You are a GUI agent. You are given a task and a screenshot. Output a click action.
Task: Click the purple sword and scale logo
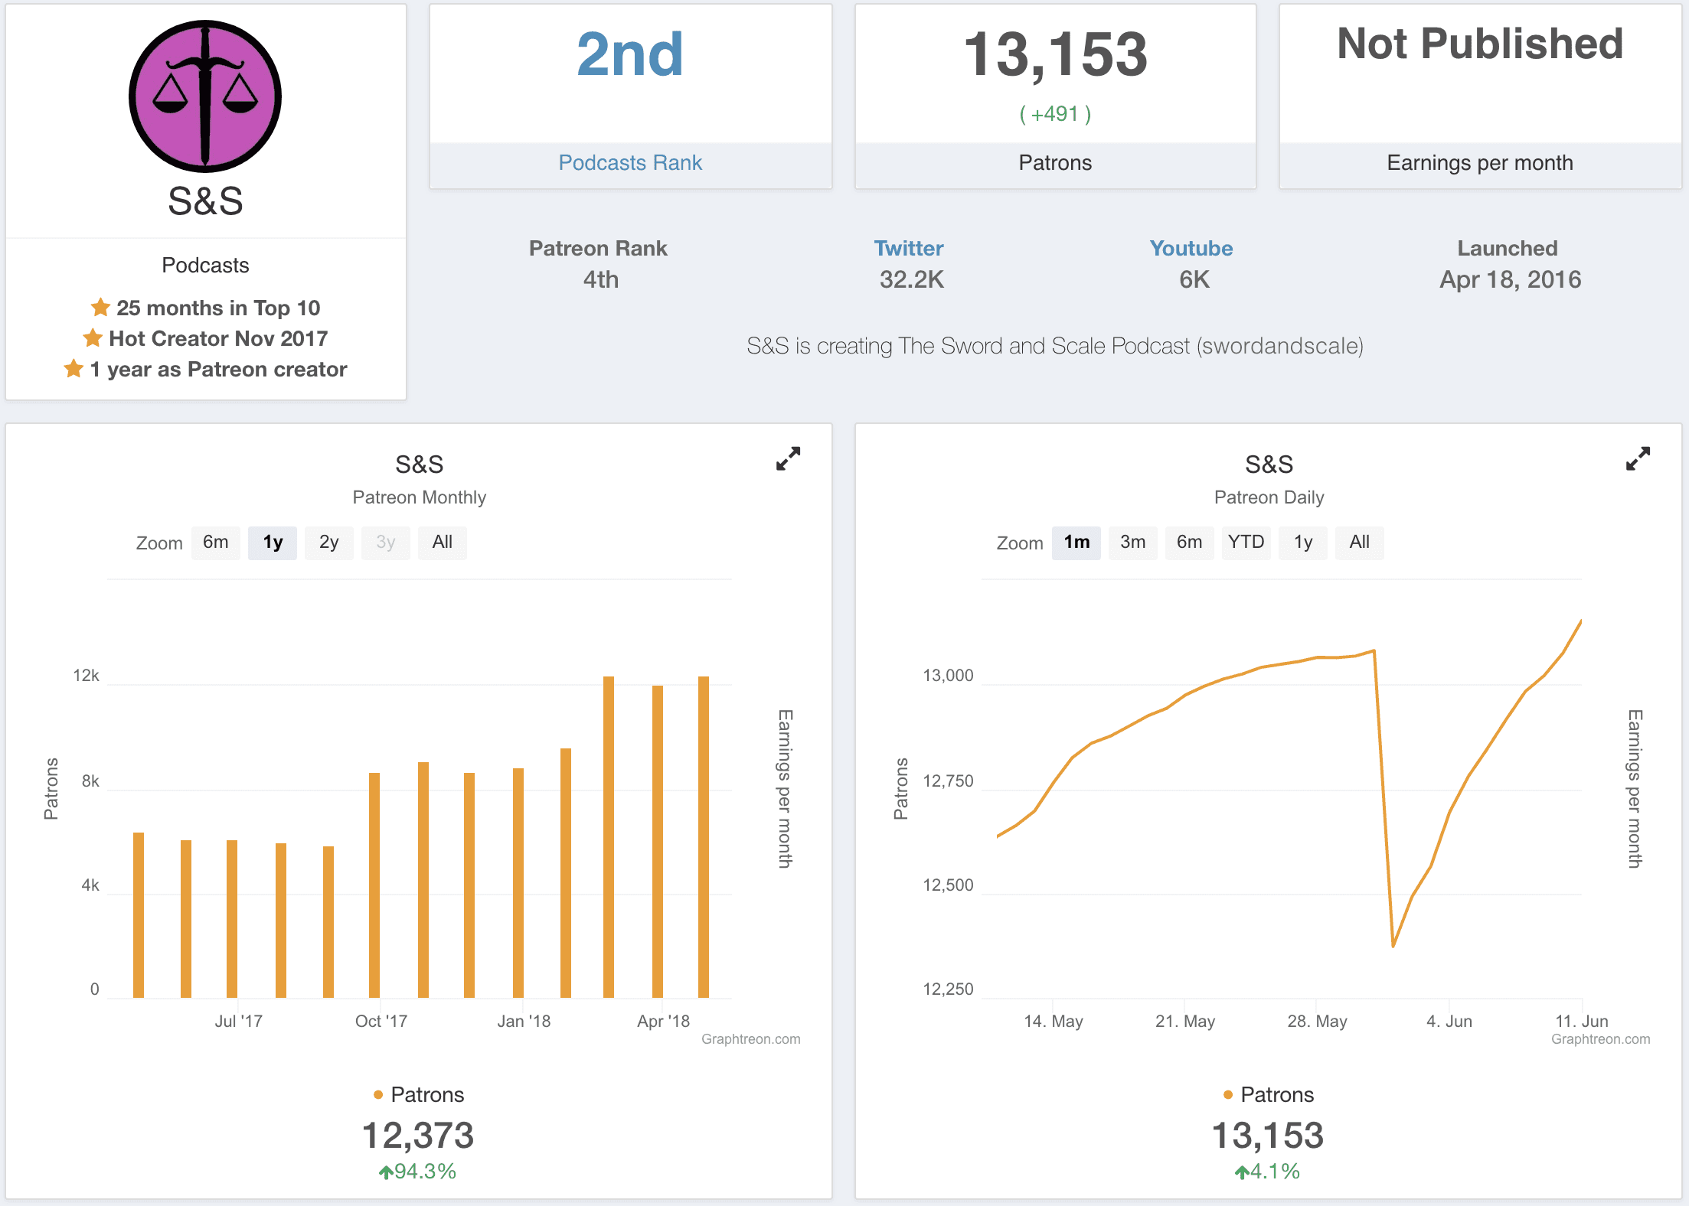(x=205, y=96)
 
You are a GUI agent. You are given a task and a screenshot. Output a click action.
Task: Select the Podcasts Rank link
(x=630, y=163)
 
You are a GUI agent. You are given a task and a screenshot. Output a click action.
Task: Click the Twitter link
(x=909, y=249)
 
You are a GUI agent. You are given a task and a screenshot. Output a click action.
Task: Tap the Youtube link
(x=1191, y=249)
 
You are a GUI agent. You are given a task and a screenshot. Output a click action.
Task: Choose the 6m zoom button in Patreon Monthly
(x=216, y=543)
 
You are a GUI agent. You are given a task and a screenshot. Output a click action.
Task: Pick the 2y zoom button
(x=329, y=543)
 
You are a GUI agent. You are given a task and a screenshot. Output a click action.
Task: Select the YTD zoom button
(x=1246, y=543)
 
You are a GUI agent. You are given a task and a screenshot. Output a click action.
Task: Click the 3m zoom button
(x=1133, y=543)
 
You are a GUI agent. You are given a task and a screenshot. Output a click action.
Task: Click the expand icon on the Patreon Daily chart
(x=1638, y=459)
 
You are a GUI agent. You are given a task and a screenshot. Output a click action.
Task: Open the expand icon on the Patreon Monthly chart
(x=788, y=459)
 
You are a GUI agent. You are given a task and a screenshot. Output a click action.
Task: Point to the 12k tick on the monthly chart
(x=87, y=676)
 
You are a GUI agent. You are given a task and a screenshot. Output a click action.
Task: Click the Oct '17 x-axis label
(x=381, y=1022)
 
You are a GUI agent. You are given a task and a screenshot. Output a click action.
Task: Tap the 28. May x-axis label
(x=1317, y=1022)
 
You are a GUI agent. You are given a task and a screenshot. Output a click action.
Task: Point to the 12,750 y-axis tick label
(x=948, y=781)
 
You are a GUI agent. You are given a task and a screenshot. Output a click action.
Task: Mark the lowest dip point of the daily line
(x=1393, y=947)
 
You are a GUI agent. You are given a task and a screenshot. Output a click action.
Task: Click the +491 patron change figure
(x=1055, y=115)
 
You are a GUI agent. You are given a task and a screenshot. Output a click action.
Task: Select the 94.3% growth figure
(x=425, y=1172)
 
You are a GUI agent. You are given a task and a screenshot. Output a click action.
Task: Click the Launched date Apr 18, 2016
(x=1510, y=280)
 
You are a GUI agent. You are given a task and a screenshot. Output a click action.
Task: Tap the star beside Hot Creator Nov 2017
(x=93, y=338)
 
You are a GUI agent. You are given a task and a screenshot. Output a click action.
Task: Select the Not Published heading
(x=1480, y=44)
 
